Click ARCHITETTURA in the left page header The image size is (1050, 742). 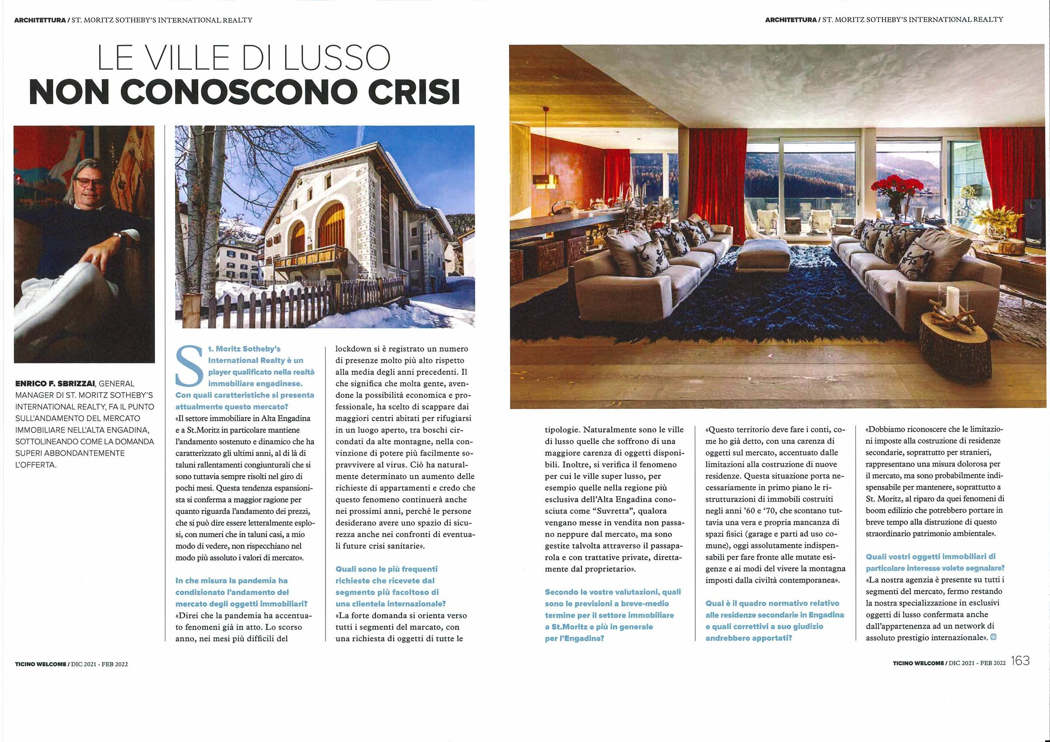(40, 21)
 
